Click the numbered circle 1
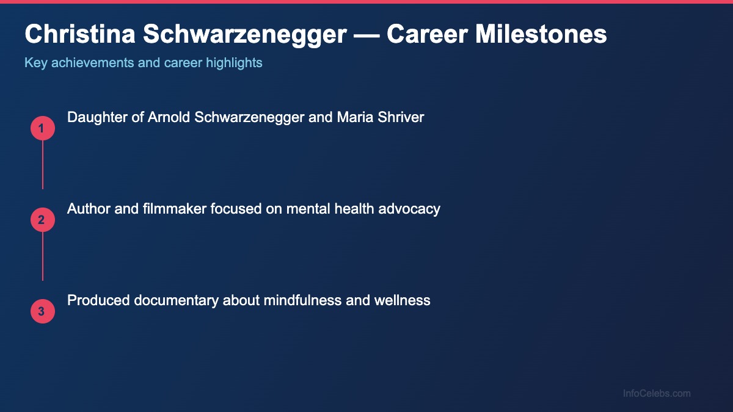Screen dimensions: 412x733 [x=43, y=128]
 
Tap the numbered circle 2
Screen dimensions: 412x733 [x=43, y=220]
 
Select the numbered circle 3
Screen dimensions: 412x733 [x=43, y=311]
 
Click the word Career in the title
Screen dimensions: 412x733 [x=428, y=34]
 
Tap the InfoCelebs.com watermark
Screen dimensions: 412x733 [x=657, y=394]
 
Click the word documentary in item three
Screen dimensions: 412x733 [x=177, y=300]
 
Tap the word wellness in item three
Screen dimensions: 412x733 [x=404, y=300]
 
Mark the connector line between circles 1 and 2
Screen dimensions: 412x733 [x=43, y=165]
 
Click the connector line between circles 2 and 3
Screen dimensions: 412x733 [x=43, y=256]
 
